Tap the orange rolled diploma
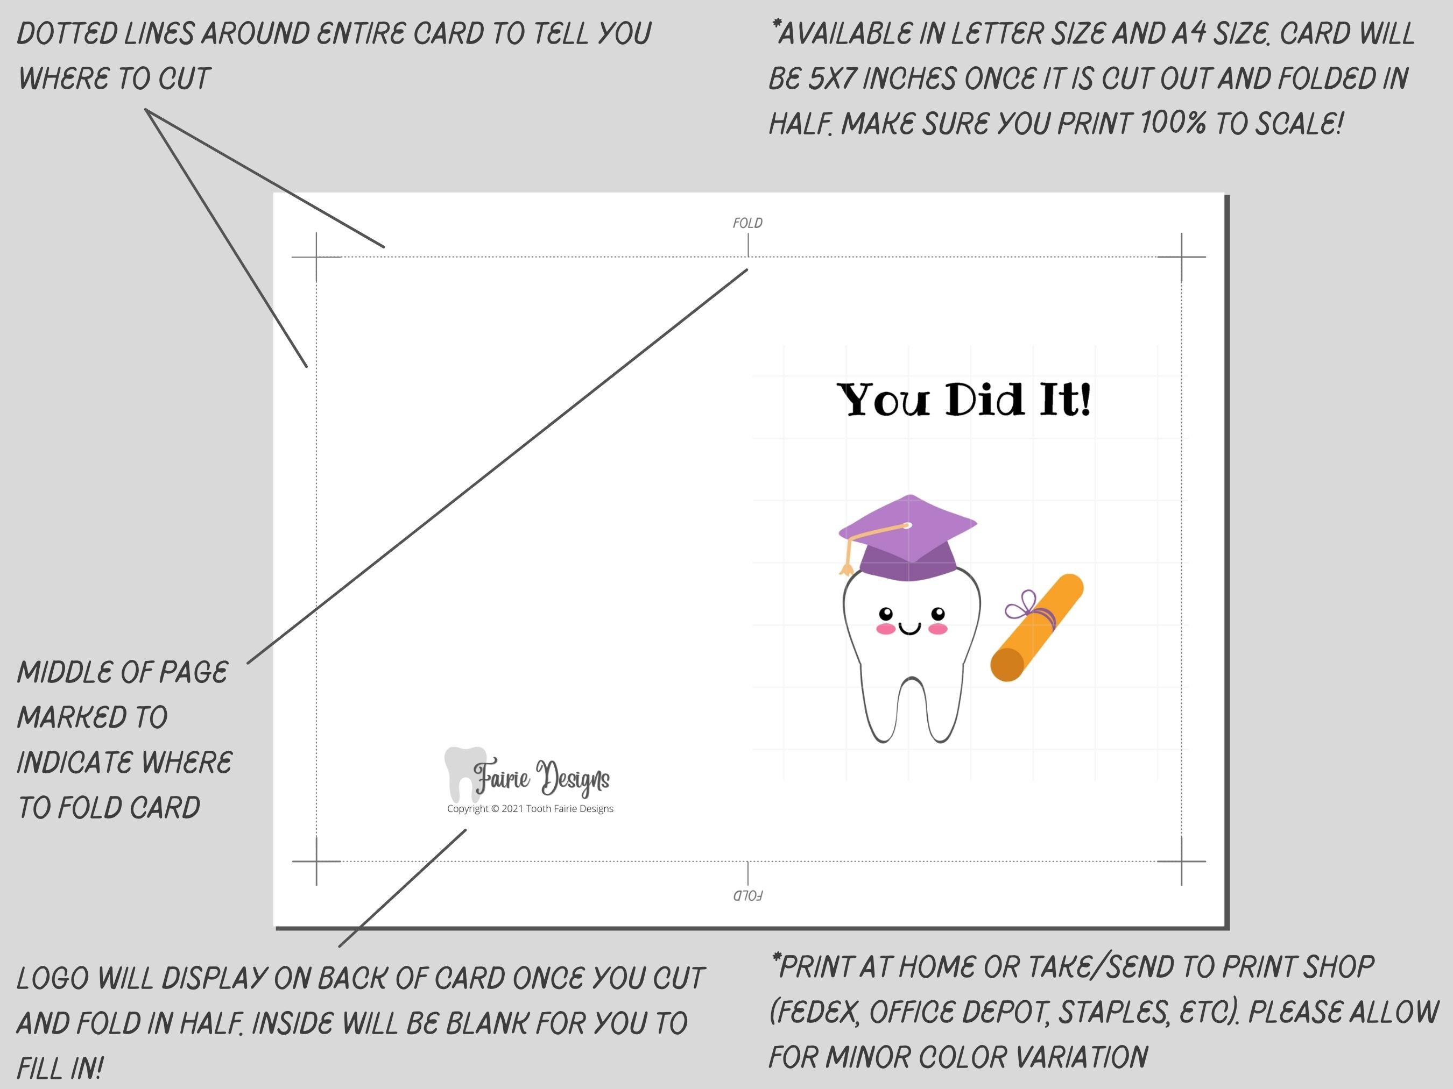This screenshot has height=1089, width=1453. pyautogui.click(x=1036, y=629)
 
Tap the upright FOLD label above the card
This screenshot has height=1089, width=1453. pyautogui.click(x=747, y=223)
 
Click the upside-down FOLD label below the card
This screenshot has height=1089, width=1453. pyautogui.click(x=747, y=895)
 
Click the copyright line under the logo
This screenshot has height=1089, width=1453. pyautogui.click(x=530, y=809)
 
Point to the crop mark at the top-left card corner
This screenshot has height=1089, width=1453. pyautogui.click(x=316, y=257)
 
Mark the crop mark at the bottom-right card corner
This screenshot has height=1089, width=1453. pyautogui.click(x=1181, y=860)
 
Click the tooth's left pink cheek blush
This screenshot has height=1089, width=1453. pyautogui.click(x=886, y=629)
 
